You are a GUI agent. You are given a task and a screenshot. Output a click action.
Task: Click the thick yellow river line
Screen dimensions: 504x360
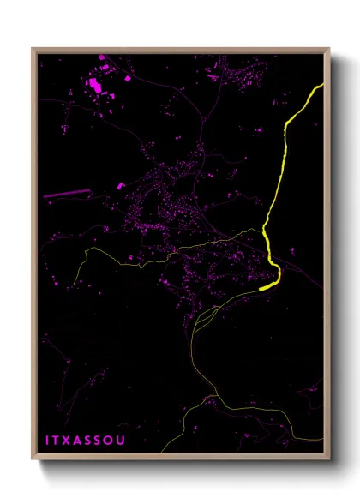coord(284,154)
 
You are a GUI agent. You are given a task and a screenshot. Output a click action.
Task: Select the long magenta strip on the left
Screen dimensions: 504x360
coord(66,194)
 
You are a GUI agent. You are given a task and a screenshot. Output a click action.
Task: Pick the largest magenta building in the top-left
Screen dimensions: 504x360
coord(93,84)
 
